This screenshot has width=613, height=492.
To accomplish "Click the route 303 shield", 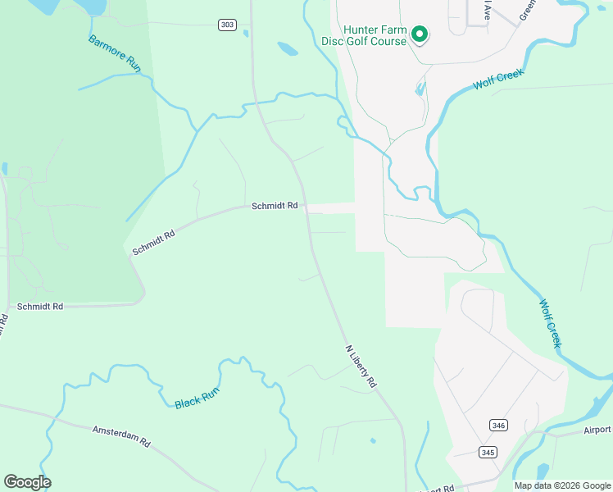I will coord(227,25).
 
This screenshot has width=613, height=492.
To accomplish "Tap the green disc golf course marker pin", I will coord(420,34).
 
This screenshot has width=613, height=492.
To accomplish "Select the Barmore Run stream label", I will coord(115,53).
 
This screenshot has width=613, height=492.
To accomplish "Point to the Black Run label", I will coord(198,399).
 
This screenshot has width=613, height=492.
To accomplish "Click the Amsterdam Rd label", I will coord(121,435).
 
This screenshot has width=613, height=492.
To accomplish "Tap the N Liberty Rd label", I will coord(361,366).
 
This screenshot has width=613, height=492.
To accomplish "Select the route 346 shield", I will coord(497,425).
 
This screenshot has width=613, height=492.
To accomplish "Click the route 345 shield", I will coord(488,452).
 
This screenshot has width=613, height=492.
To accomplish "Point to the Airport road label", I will coord(597,430).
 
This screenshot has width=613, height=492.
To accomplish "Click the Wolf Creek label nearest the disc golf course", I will coord(497,80).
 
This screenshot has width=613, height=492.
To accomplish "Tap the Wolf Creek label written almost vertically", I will coord(549,323).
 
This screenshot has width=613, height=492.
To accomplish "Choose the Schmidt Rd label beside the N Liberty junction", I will coord(274,207).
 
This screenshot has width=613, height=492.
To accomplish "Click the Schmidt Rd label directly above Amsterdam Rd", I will coord(40,306).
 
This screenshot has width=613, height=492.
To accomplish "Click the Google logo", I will coord(27,482).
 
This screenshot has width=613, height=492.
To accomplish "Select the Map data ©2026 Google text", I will coord(561,485).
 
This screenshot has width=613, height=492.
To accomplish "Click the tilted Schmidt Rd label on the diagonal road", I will coord(154,242).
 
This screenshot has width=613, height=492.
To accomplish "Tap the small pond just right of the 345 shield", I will coord(542,471).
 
